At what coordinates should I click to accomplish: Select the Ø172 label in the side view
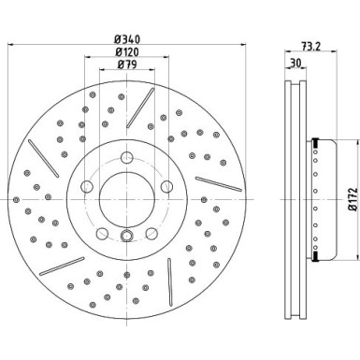[353, 201]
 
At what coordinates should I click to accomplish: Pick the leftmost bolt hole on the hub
[86, 185]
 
